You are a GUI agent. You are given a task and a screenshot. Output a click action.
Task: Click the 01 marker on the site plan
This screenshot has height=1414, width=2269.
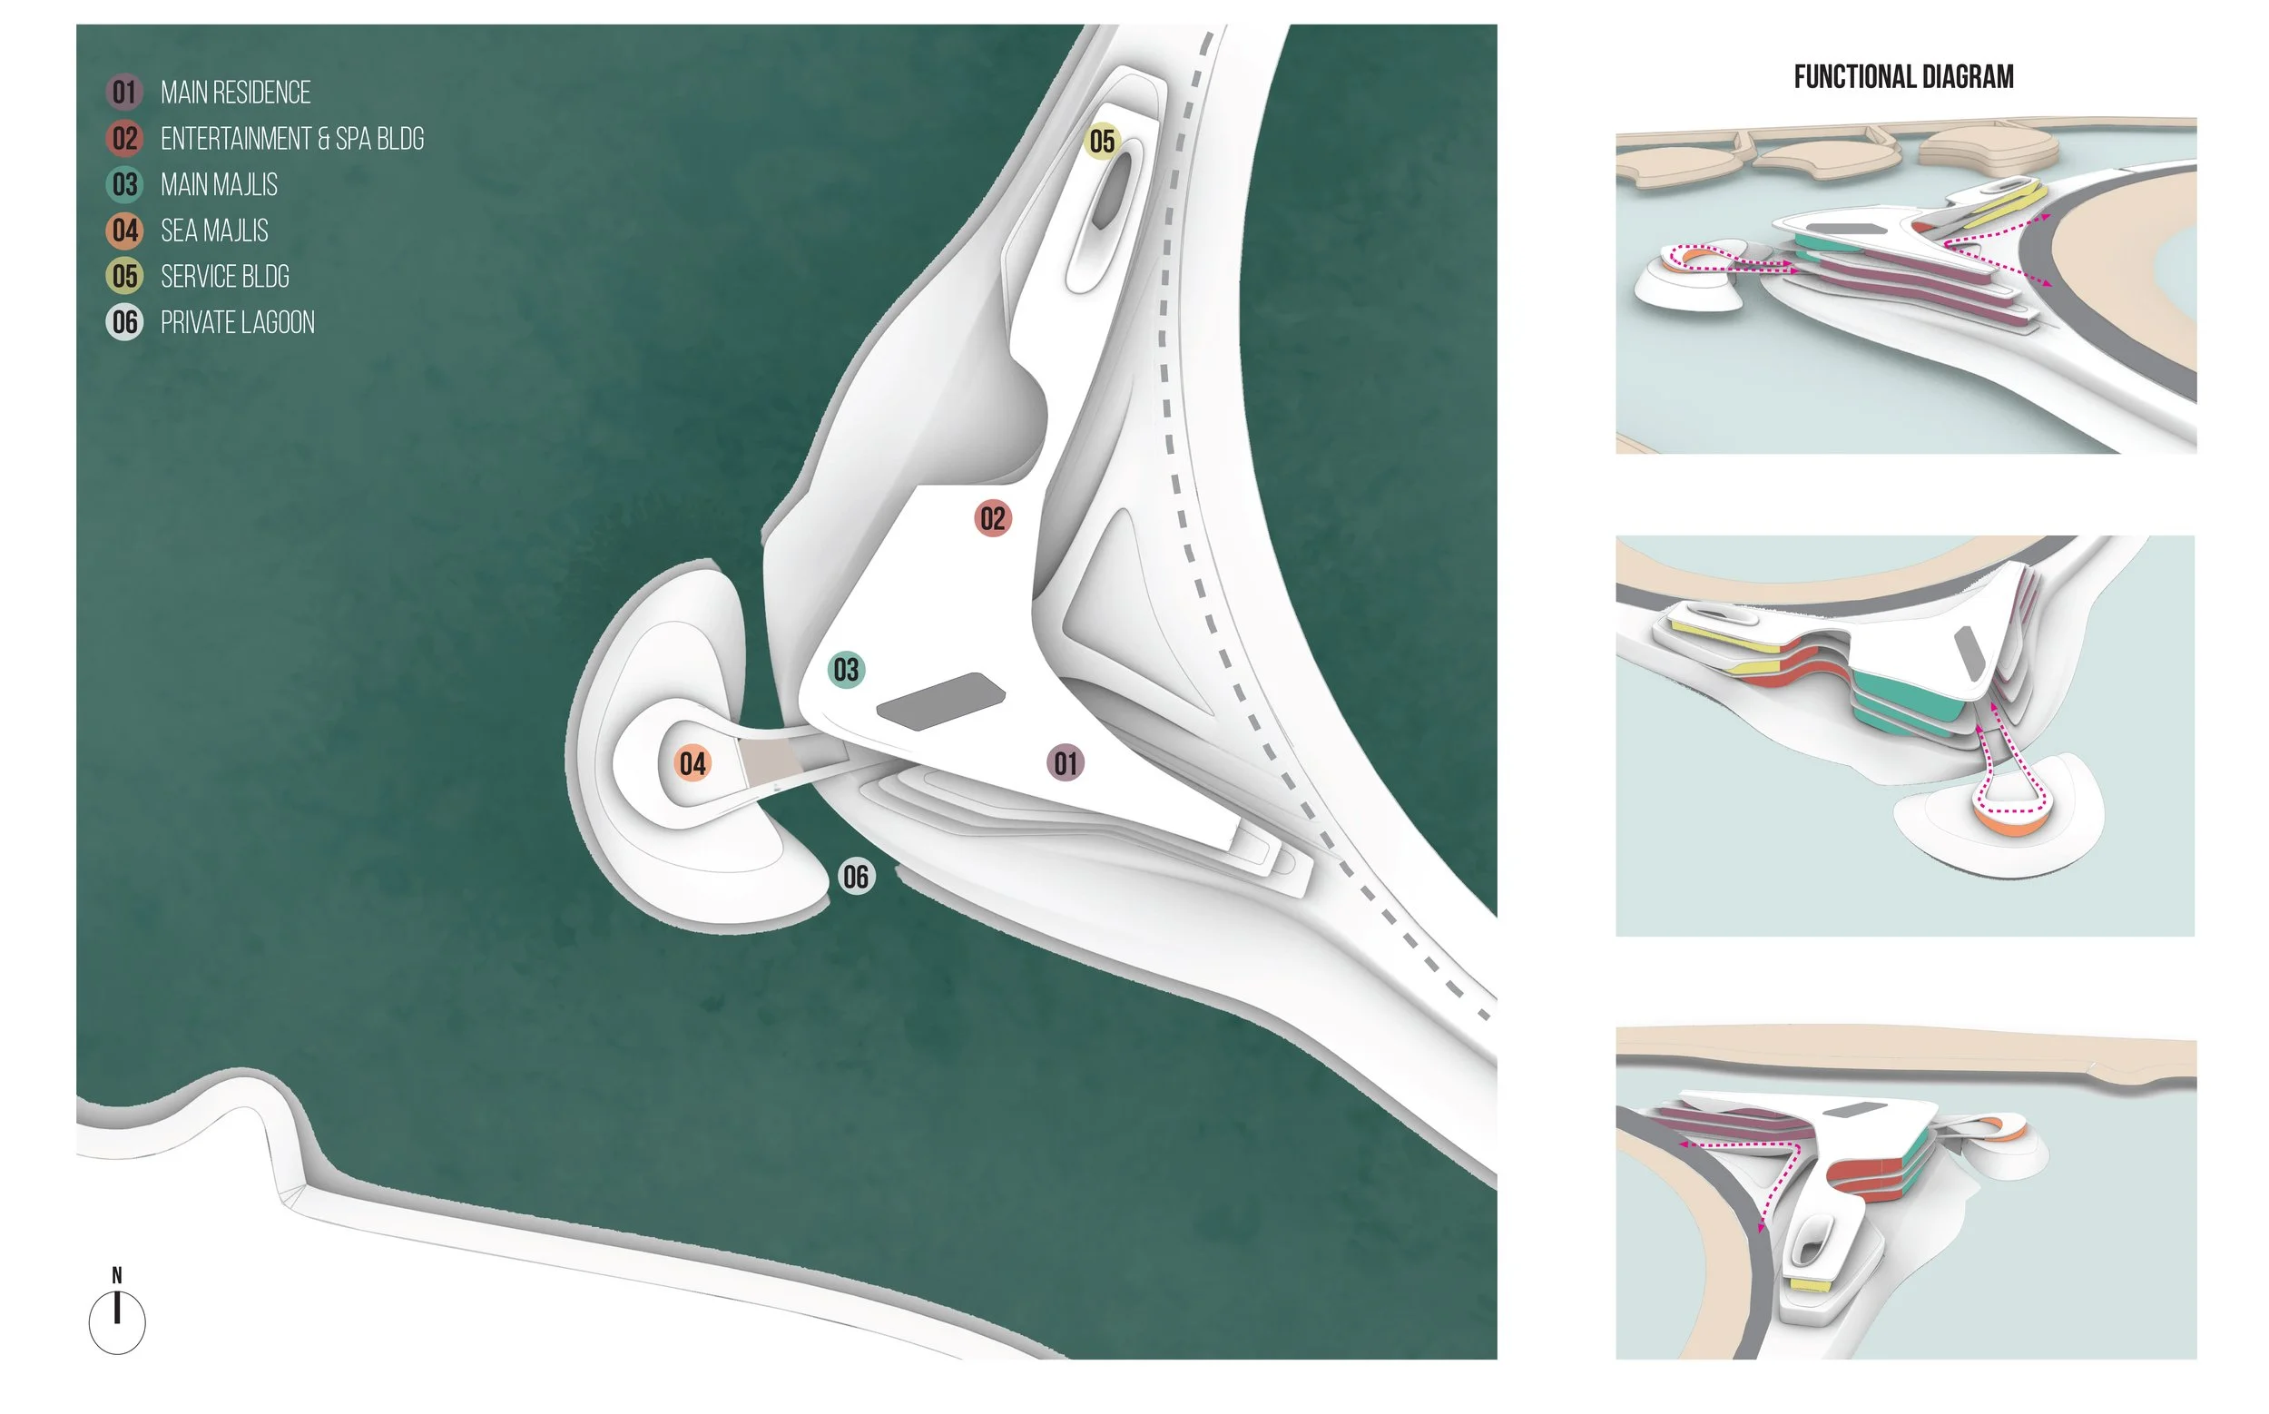pos(1065,763)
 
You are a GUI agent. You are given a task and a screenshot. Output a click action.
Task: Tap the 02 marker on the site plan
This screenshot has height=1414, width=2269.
pos(992,518)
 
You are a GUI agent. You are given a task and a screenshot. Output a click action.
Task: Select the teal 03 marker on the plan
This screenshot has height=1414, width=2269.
pos(846,670)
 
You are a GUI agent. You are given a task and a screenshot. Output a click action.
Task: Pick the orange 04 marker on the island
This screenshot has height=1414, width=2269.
pos(692,763)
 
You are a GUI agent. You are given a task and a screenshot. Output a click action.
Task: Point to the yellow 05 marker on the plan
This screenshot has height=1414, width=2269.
pos(1102,142)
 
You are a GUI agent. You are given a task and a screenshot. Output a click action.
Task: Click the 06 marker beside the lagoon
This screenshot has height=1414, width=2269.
pos(856,877)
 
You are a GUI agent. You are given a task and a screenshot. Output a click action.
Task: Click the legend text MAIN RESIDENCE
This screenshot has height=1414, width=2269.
pos(236,93)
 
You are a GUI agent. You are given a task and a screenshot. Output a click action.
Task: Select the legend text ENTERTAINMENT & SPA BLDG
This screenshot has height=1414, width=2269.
pos(292,139)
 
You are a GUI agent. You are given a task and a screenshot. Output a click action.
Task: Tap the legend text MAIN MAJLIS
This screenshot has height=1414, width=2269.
pos(219,184)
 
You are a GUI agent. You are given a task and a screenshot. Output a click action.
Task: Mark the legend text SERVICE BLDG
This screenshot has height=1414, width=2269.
pos(224,276)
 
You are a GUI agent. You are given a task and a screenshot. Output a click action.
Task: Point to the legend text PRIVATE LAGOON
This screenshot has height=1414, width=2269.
pos(238,322)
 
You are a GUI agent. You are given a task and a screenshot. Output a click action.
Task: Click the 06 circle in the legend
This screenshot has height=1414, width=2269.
pos(124,322)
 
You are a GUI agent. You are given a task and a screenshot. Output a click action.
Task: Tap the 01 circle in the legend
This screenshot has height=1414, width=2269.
pos(124,93)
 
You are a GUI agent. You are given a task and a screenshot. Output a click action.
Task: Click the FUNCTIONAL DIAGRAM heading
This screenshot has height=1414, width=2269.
pos(1903,76)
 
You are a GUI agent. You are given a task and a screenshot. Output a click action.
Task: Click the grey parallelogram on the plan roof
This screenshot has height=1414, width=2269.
pos(940,701)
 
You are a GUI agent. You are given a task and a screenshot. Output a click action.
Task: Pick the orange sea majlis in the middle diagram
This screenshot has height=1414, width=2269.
pos(2011,824)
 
